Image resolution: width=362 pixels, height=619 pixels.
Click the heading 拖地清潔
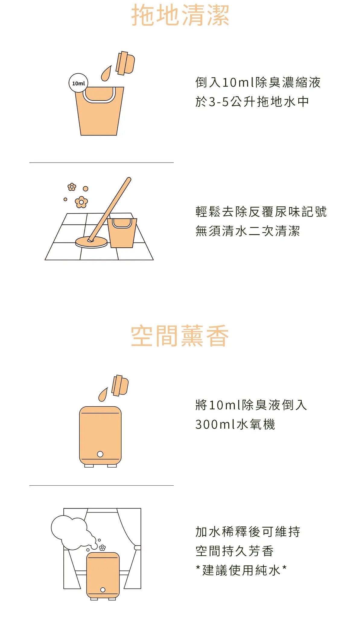(x=180, y=15)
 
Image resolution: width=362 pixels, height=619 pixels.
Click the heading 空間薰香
(x=180, y=336)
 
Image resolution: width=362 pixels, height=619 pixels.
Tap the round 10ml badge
(x=78, y=83)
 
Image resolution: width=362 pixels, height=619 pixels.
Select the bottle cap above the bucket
(x=125, y=63)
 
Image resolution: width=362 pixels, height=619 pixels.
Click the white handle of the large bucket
(x=99, y=95)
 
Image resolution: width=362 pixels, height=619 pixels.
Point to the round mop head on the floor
(x=91, y=242)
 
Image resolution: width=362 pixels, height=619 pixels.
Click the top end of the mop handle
(x=129, y=179)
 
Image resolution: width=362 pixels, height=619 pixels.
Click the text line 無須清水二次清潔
(x=248, y=231)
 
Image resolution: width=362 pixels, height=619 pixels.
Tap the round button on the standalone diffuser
(x=100, y=454)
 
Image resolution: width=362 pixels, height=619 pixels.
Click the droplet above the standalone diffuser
(x=103, y=395)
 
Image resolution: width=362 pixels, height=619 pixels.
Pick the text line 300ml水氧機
(x=235, y=424)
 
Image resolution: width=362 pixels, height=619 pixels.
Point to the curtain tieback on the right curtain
(x=138, y=548)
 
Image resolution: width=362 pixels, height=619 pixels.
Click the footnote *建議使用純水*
(x=241, y=570)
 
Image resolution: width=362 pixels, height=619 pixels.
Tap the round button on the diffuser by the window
(x=103, y=590)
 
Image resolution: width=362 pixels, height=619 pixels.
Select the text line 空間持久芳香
(x=234, y=551)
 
